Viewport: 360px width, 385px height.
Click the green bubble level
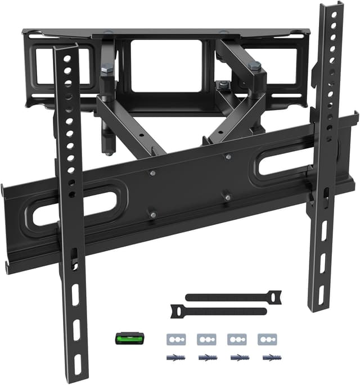click(130, 338)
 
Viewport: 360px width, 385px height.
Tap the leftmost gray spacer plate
click(176, 340)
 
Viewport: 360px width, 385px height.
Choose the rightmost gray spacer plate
click(266, 340)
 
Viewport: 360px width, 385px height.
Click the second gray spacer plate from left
click(206, 340)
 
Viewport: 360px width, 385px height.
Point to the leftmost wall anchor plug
click(176, 357)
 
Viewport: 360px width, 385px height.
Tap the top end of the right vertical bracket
click(332, 10)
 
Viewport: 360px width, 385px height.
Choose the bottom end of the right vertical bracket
click(318, 304)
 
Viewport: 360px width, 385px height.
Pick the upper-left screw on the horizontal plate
click(152, 174)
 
